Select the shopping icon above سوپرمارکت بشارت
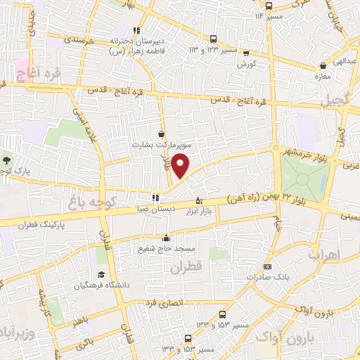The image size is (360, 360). point(162,133)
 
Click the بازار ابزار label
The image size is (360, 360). point(199,210)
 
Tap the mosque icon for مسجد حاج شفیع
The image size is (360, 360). point(166,237)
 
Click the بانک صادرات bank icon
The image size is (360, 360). point(267,267)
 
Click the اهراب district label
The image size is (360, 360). point(323,253)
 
